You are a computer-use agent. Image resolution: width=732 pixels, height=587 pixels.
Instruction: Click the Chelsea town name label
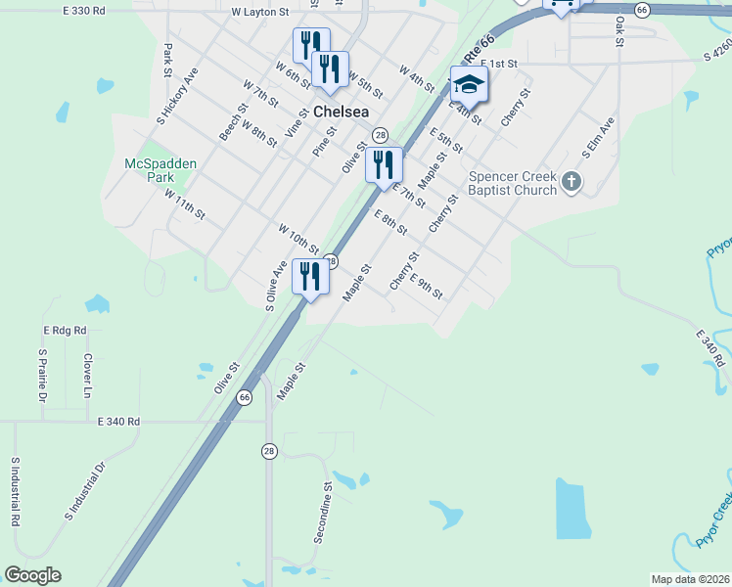coord(342,112)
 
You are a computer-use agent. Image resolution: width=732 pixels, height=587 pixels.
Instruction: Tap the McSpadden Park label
coord(150,170)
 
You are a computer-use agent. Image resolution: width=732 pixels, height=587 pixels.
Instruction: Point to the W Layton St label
coord(260,13)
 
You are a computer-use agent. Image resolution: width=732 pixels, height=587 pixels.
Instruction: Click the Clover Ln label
coord(87,375)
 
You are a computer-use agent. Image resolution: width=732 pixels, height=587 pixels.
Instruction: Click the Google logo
coord(32,575)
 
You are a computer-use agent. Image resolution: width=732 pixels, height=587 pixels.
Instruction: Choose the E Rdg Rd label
coord(65,331)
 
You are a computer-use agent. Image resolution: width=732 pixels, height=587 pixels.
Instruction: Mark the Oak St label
coord(619,29)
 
